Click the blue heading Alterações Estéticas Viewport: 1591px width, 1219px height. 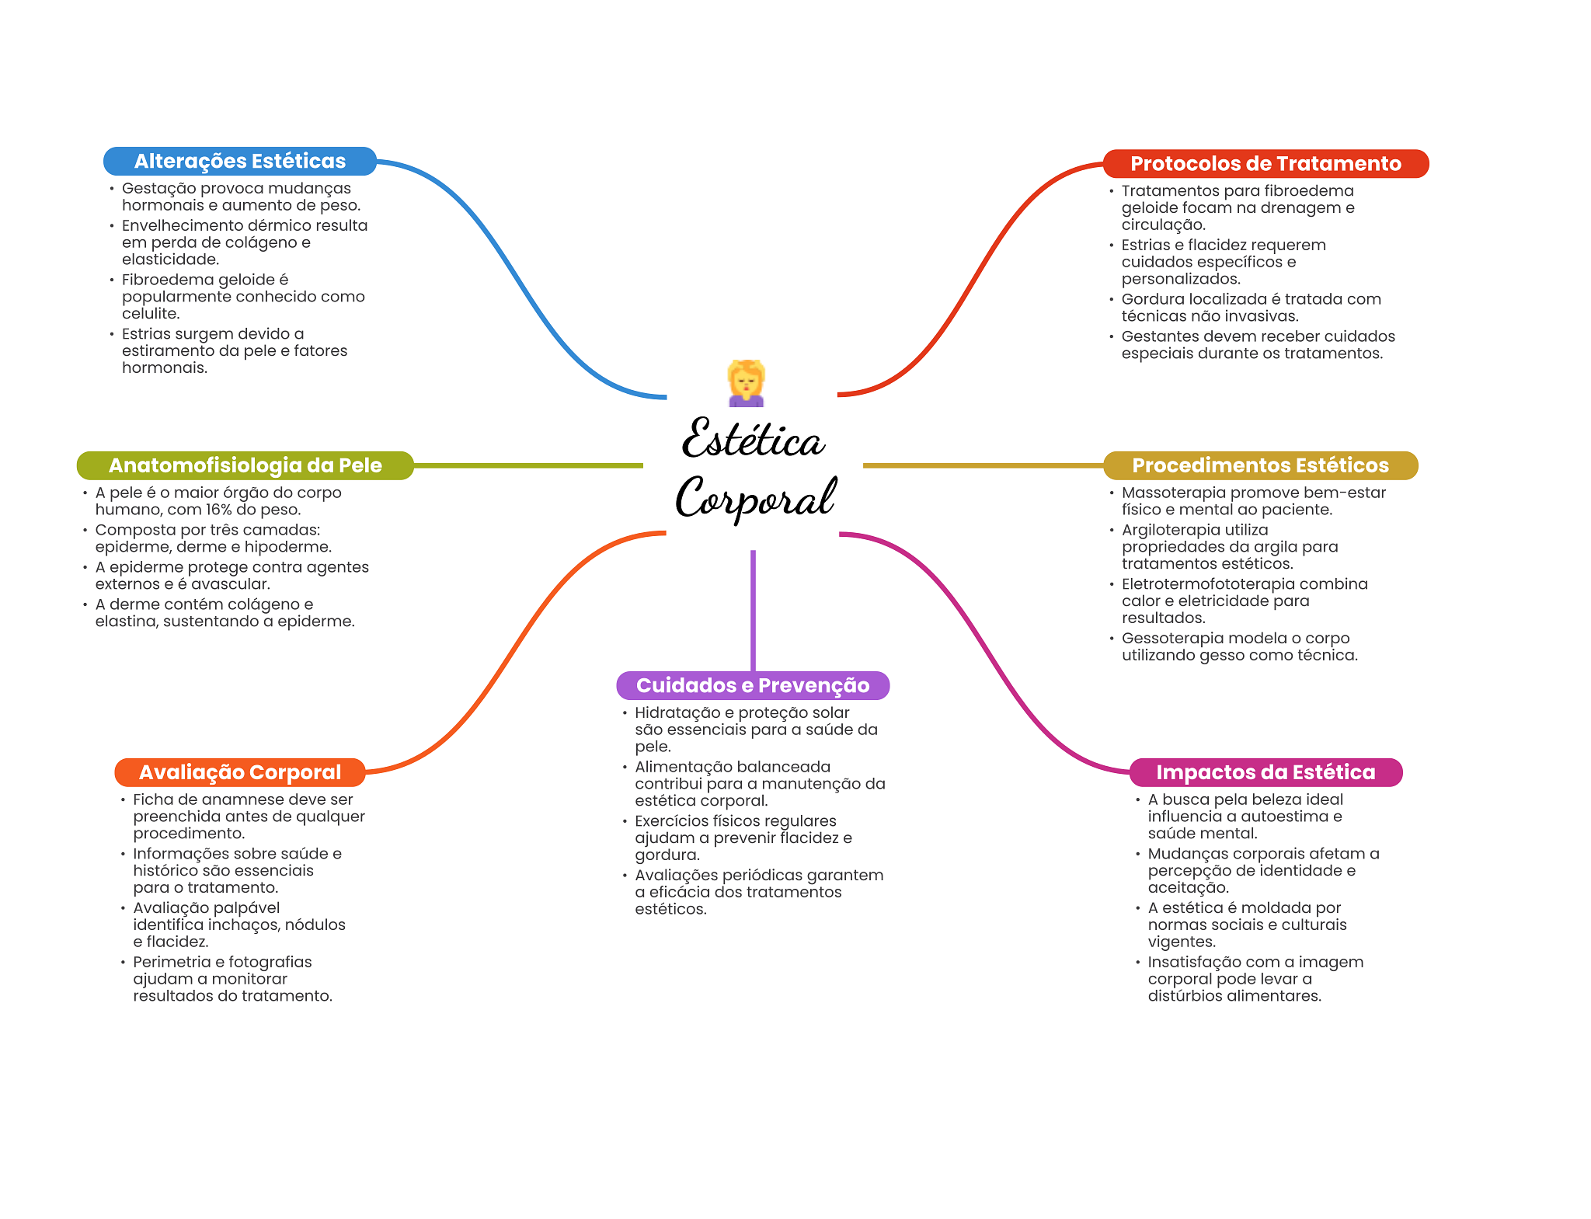point(240,161)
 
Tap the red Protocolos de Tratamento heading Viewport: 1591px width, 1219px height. point(1265,163)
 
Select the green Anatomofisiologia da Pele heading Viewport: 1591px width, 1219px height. point(245,465)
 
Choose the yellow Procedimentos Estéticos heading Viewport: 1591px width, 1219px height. point(1260,465)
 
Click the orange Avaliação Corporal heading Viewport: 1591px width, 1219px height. point(240,772)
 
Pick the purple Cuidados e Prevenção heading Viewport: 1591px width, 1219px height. point(753,685)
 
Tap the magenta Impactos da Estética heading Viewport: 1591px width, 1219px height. point(1265,772)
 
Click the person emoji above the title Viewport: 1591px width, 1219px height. point(747,383)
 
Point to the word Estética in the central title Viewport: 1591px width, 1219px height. point(753,439)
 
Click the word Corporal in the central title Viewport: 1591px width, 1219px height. point(756,497)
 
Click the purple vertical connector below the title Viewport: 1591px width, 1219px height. point(753,611)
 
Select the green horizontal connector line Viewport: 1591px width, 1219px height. point(528,465)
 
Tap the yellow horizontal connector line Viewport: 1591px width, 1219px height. point(983,465)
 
